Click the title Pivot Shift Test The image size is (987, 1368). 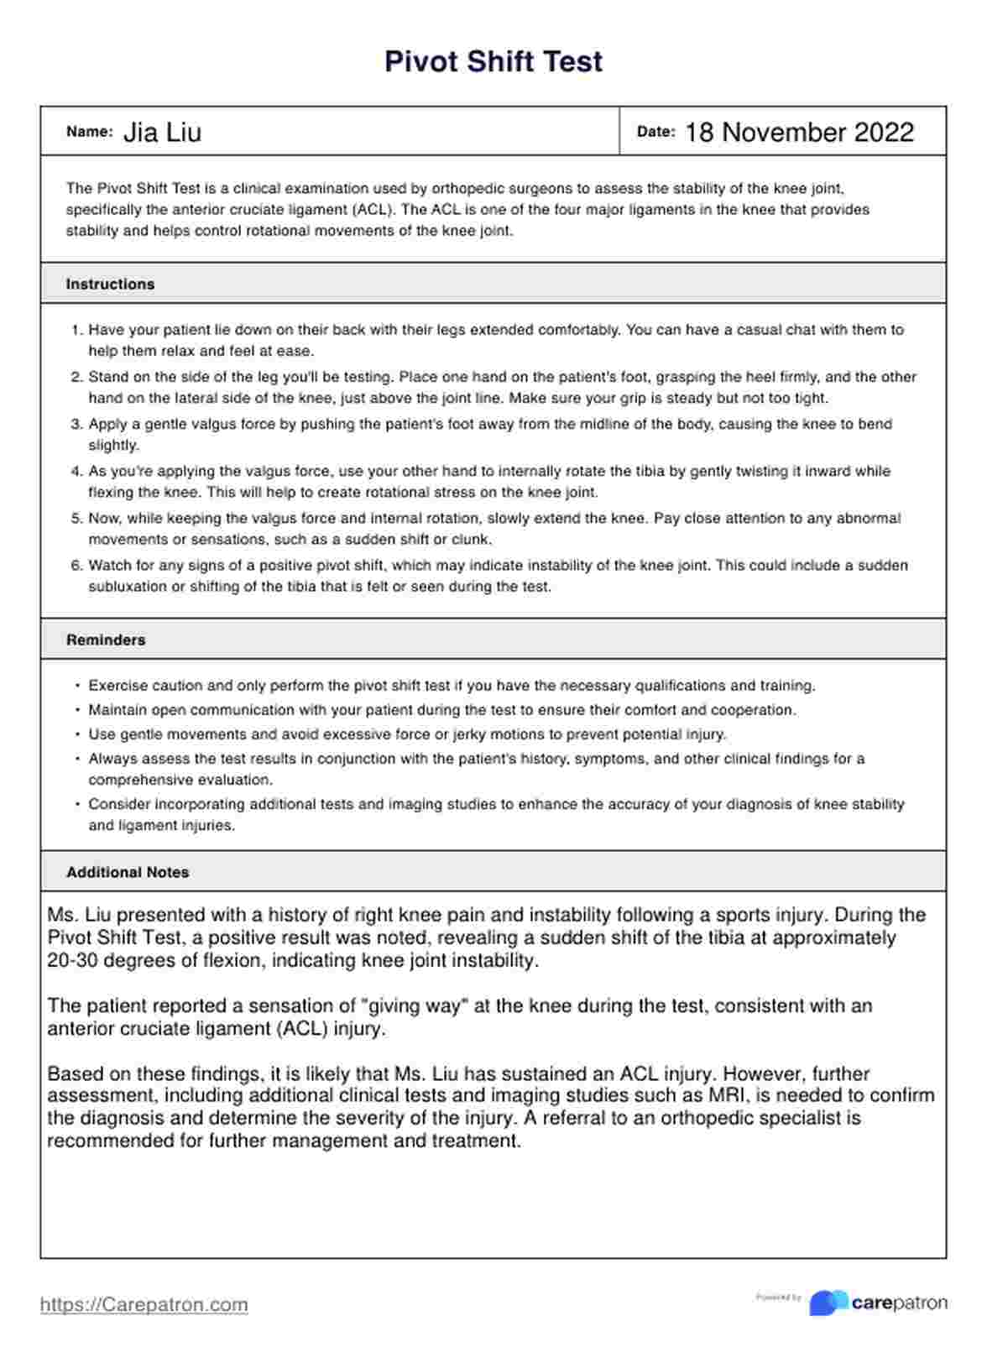493,62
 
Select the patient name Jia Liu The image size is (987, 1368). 162,133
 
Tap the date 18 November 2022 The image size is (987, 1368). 799,133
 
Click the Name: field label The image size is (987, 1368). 89,132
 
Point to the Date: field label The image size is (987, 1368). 655,132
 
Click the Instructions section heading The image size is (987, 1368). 110,285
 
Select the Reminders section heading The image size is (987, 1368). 106,640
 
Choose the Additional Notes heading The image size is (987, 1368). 128,873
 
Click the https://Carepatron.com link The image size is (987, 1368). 144,1305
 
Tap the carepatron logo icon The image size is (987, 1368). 828,1303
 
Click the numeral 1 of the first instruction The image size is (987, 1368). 76,331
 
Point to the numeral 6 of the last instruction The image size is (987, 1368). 76,567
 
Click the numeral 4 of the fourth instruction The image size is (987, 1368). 76,472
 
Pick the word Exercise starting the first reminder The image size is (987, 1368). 117,687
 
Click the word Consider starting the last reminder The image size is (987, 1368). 118,805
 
